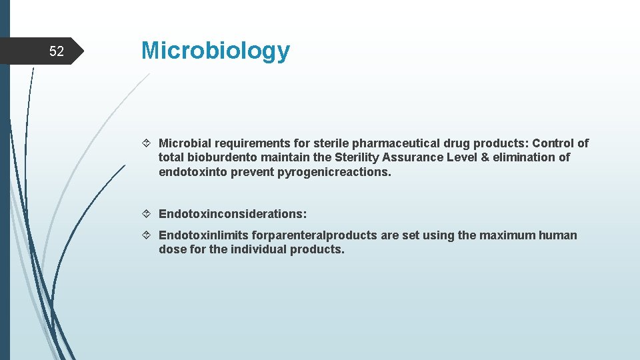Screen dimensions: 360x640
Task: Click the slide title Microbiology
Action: [x=215, y=51]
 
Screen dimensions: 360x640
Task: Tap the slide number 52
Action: [x=57, y=51]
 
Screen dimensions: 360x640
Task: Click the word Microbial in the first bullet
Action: [x=183, y=143]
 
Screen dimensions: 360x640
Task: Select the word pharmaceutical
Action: [x=395, y=143]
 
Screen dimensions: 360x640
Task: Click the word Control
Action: [x=553, y=143]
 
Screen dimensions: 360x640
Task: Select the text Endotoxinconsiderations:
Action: [x=233, y=214]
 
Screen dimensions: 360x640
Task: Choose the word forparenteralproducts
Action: [x=309, y=235]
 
